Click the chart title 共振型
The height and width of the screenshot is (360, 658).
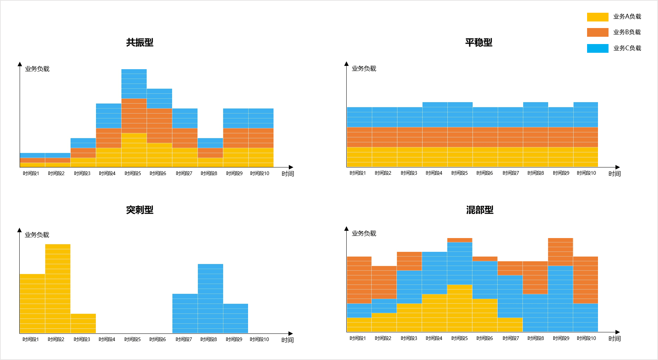[140, 43]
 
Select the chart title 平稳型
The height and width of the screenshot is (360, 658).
[479, 43]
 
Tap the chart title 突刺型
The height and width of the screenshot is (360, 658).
[140, 210]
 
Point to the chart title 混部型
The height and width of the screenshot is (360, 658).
[480, 210]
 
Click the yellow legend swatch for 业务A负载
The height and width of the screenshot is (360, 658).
[597, 17]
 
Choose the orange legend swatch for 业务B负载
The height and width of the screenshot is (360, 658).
[597, 32]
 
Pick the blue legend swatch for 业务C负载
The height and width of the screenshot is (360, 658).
[597, 48]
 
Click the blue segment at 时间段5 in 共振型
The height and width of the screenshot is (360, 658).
[134, 84]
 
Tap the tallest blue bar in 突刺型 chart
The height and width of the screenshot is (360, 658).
[210, 298]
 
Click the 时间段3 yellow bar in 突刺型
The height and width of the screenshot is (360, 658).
[83, 323]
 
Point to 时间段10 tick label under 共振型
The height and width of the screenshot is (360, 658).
[260, 174]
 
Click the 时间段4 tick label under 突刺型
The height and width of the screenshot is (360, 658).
[107, 340]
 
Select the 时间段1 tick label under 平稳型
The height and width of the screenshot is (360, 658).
[358, 173]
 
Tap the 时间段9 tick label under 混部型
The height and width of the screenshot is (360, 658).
[561, 339]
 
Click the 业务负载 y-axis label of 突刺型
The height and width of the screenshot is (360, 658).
[37, 235]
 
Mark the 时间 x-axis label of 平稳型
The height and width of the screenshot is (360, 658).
[614, 174]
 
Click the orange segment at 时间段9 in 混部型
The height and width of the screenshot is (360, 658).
[561, 252]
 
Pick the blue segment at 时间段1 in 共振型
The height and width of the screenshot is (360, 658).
[32, 155]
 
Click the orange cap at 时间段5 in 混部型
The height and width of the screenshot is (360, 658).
[460, 240]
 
